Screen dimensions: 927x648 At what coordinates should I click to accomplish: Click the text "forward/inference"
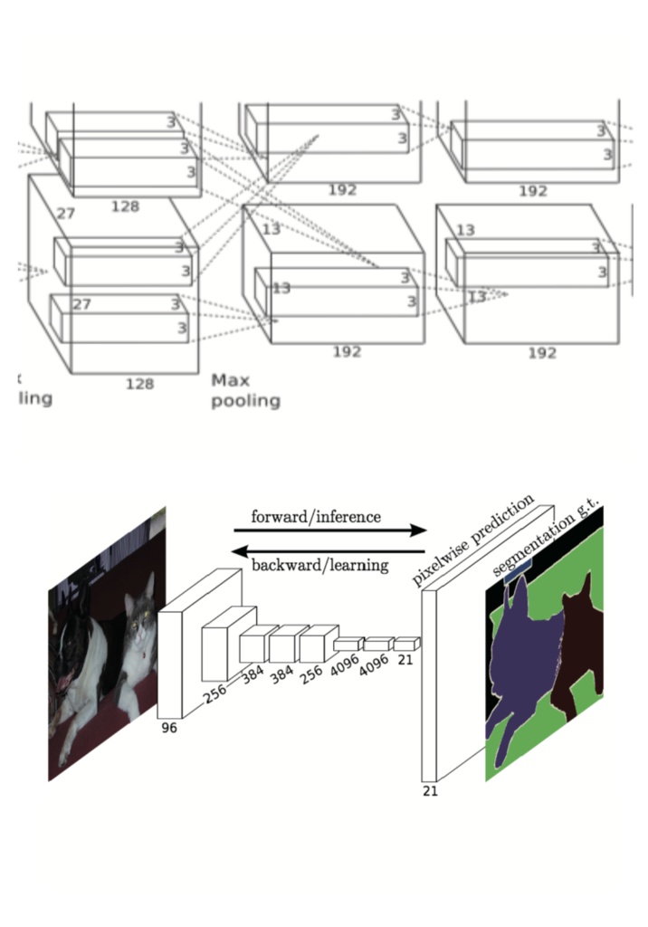pyautogui.click(x=316, y=517)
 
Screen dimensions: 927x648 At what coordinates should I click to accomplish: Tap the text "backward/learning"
pyautogui.click(x=319, y=566)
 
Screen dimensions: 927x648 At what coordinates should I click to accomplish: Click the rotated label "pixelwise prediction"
pyautogui.click(x=472, y=541)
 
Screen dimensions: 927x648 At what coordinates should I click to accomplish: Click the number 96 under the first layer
pyautogui.click(x=169, y=727)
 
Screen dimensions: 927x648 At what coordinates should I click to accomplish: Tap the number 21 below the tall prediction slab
pyautogui.click(x=430, y=790)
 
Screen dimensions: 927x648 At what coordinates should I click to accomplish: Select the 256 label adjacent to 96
pyautogui.click(x=216, y=694)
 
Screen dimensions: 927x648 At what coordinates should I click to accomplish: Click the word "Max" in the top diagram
pyautogui.click(x=230, y=380)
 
